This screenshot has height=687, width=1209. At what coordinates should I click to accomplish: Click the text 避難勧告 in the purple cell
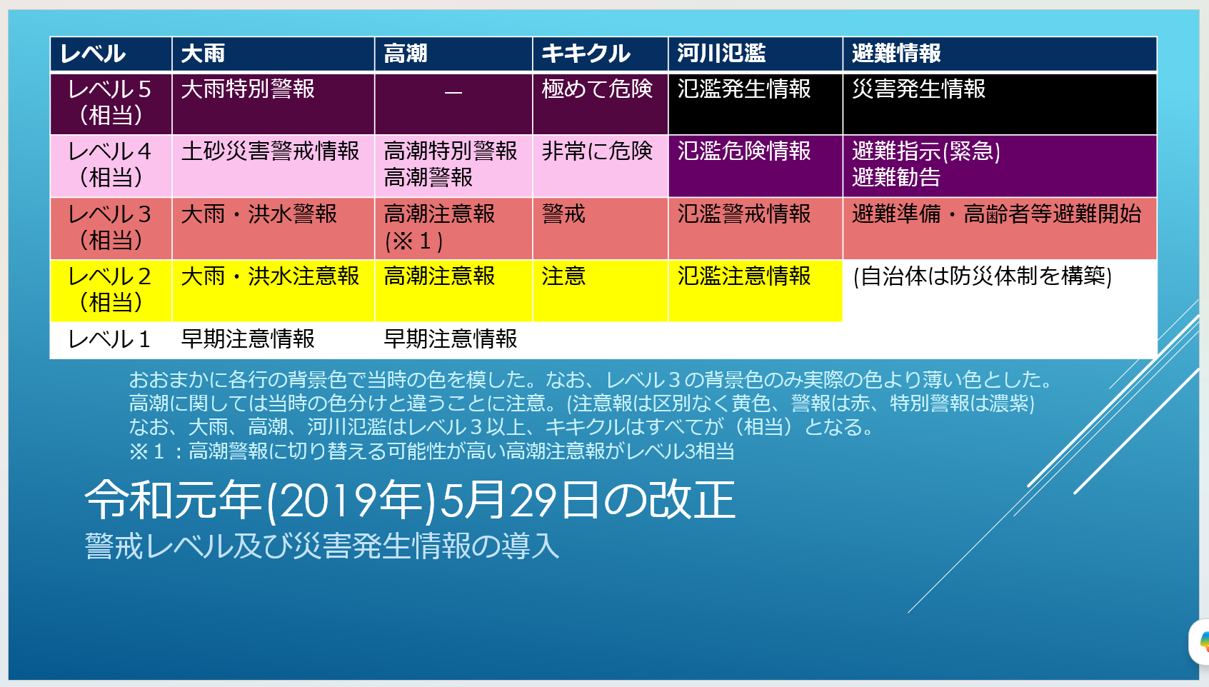point(896,178)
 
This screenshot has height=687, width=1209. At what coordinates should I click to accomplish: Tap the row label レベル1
point(109,339)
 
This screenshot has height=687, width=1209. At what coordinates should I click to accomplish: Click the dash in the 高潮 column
point(453,92)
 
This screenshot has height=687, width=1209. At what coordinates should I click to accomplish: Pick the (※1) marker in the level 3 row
point(413,241)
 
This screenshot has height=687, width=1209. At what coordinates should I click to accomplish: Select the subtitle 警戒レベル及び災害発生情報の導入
point(322,546)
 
